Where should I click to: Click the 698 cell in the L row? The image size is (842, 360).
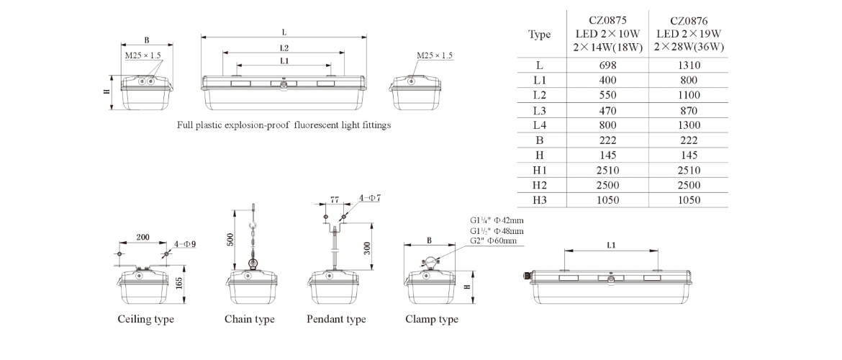pos(607,66)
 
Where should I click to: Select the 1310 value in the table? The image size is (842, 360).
pos(688,66)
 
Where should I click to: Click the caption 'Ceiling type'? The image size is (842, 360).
pos(145,319)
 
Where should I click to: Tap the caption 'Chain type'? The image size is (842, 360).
pos(250,319)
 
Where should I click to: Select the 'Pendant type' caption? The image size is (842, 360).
pos(336,319)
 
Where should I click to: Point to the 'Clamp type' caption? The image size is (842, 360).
pos(432,319)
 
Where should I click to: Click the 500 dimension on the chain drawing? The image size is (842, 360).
pos(230,240)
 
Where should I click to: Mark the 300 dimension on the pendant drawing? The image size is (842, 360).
pos(368,248)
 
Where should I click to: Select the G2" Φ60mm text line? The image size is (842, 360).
pos(494,240)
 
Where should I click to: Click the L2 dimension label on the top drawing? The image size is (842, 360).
pos(284,48)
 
